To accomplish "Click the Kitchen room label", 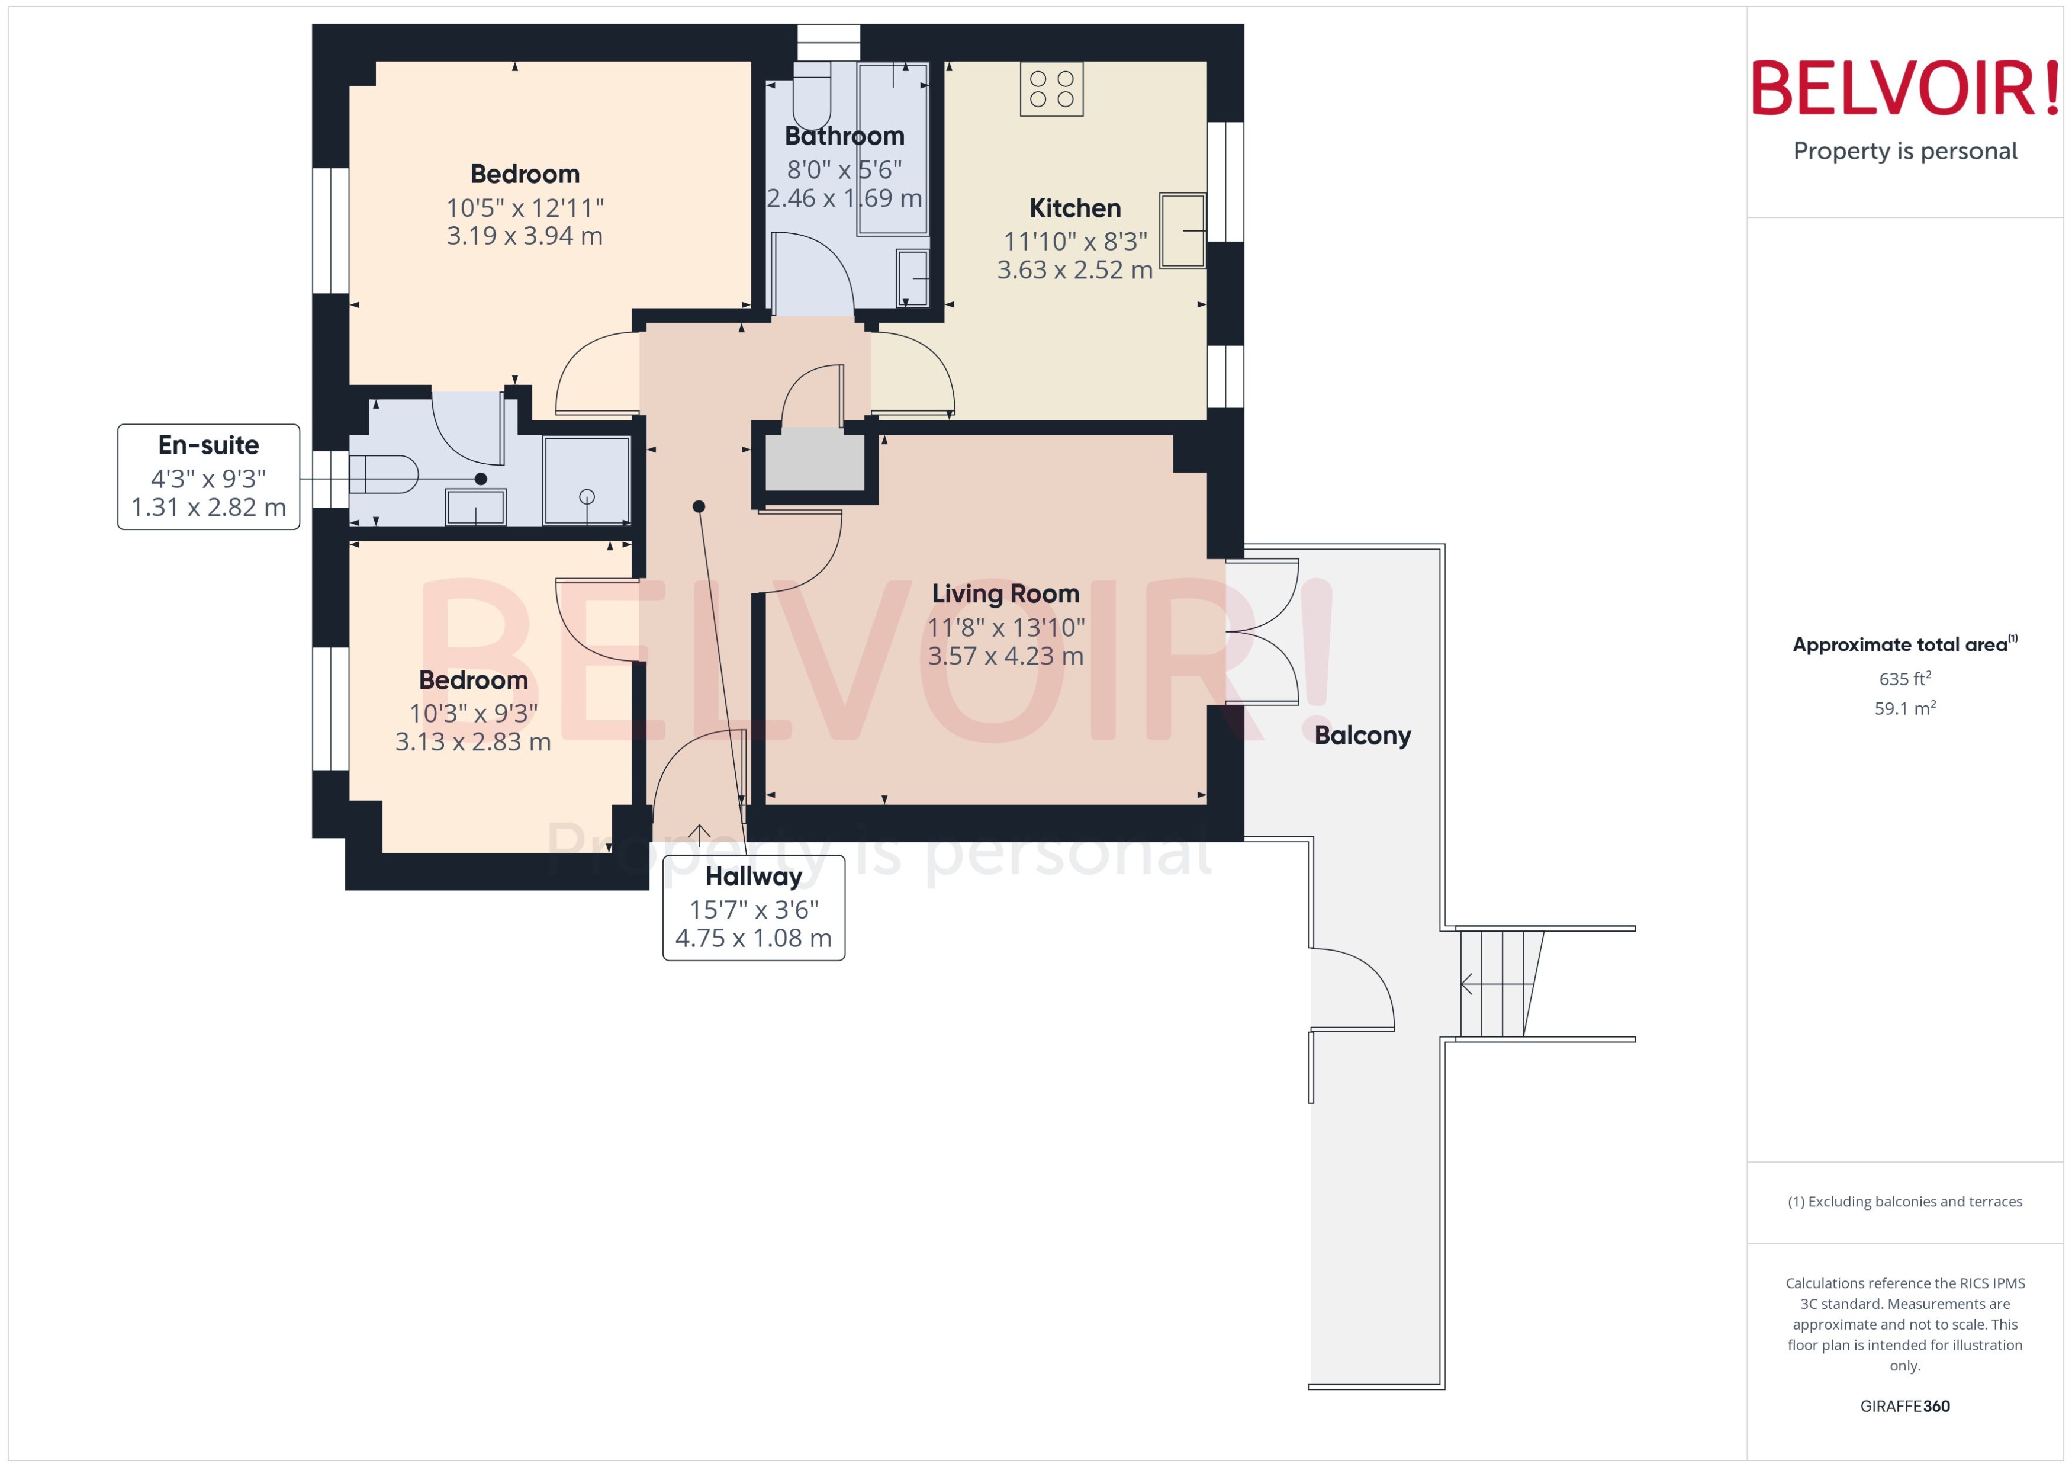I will (1074, 208).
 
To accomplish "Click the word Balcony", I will (1362, 736).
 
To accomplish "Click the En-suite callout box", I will (208, 476).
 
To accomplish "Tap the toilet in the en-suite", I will (383, 474).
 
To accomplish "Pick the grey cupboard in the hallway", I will (815, 460).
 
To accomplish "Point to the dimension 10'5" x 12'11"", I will (525, 208).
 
